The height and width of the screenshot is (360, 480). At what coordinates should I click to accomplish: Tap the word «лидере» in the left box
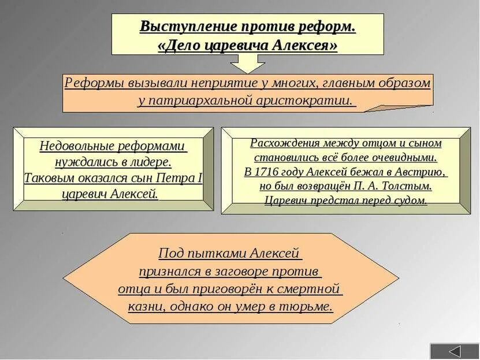click(152, 162)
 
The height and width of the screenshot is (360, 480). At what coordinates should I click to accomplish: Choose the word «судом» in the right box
click(410, 201)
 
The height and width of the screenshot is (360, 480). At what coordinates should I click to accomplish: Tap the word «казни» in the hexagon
click(145, 306)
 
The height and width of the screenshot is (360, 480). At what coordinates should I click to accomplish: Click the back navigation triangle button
click(455, 351)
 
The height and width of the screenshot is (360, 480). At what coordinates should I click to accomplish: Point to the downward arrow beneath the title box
click(248, 64)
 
